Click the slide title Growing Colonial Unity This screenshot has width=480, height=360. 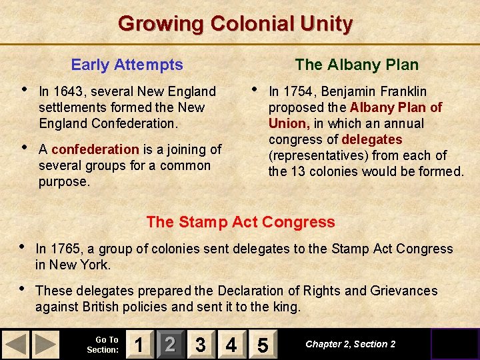(x=235, y=24)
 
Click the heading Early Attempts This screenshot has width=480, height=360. (x=127, y=65)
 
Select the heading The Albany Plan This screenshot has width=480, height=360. (x=357, y=65)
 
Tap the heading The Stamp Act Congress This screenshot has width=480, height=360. (x=240, y=222)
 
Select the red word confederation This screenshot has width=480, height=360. (x=95, y=149)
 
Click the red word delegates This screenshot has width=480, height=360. (x=371, y=139)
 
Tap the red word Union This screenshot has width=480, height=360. (x=288, y=123)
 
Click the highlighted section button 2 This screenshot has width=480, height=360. (x=170, y=345)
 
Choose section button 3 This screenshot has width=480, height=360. (x=200, y=345)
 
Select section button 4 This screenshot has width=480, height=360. (x=231, y=345)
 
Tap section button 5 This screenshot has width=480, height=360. (x=262, y=345)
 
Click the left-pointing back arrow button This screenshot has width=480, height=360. (x=16, y=345)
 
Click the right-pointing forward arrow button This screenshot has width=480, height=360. (x=45, y=345)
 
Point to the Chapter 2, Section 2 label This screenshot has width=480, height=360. (x=350, y=344)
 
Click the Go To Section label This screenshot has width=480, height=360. (x=103, y=345)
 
